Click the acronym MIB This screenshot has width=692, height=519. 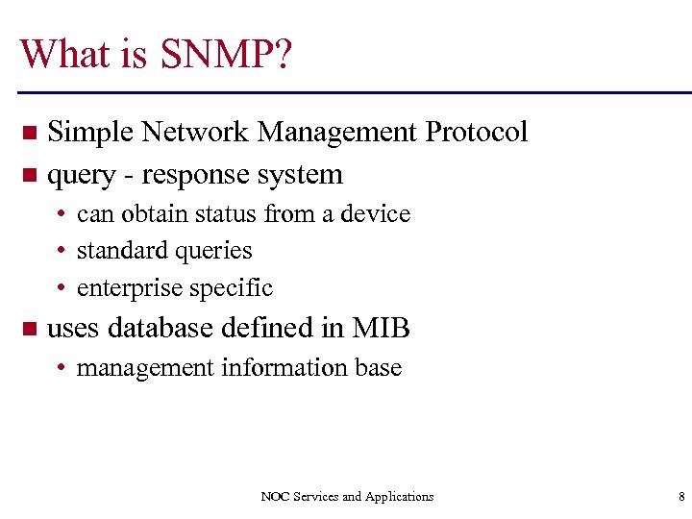(x=382, y=329)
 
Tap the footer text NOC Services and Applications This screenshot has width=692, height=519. (x=347, y=497)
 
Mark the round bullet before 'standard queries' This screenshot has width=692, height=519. (x=62, y=252)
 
